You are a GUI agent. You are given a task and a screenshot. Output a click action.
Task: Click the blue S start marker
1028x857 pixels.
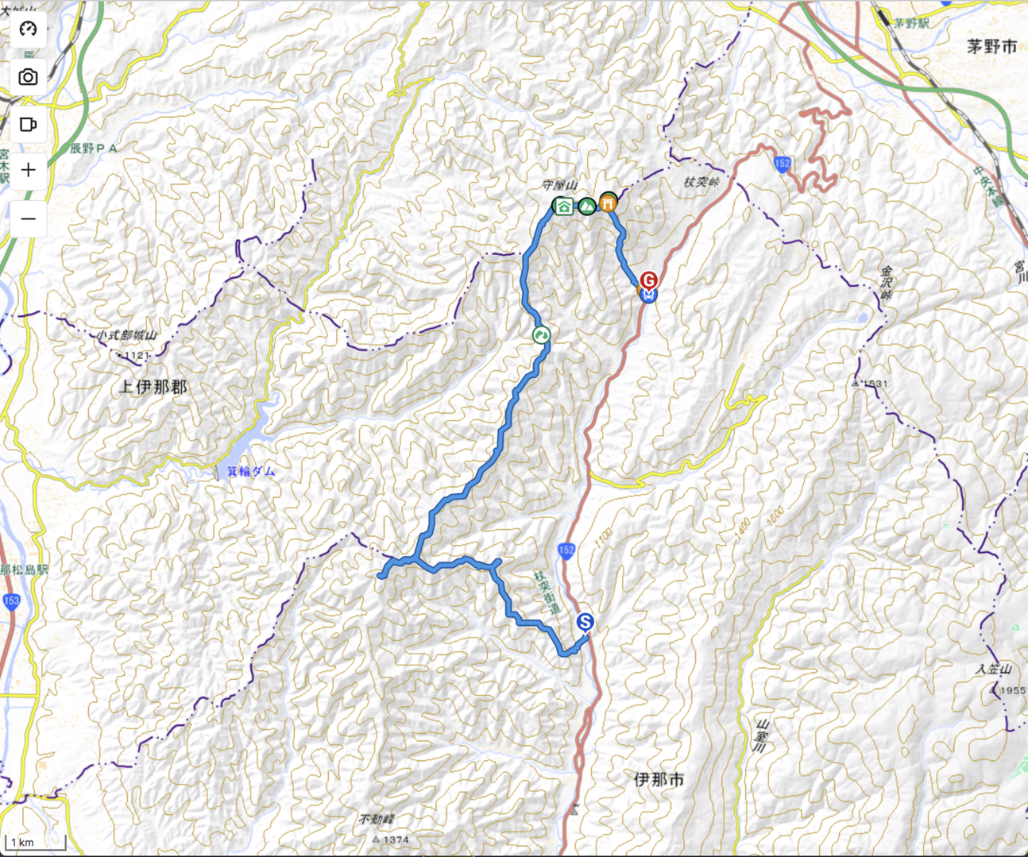[x=585, y=622]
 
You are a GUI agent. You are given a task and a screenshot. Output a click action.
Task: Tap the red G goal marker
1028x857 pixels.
[x=649, y=280]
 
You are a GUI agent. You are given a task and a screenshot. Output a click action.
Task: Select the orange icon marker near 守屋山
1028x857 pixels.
[x=609, y=203]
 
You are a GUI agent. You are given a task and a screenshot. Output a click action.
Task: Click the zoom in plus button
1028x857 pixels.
[x=29, y=170]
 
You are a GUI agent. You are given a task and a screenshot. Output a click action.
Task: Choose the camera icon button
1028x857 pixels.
[x=29, y=77]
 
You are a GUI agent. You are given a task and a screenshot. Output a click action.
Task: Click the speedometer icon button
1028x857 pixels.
[x=29, y=29]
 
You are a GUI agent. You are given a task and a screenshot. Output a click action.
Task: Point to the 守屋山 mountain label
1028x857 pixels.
[x=559, y=185]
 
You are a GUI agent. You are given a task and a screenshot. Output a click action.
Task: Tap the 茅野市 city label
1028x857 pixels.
[x=991, y=47]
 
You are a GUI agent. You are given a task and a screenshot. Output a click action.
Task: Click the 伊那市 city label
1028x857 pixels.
[x=659, y=779]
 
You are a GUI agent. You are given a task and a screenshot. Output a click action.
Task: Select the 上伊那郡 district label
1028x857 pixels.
[x=153, y=387]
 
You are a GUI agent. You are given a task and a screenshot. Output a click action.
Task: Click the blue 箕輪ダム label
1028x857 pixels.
[x=251, y=471]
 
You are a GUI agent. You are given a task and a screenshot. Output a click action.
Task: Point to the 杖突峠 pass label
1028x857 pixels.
[x=701, y=183]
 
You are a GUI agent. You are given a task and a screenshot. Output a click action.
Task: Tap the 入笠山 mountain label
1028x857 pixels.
[x=994, y=670]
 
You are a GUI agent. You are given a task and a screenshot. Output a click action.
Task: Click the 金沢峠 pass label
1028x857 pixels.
[x=887, y=282]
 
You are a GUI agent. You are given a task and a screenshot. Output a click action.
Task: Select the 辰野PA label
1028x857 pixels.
[x=94, y=149]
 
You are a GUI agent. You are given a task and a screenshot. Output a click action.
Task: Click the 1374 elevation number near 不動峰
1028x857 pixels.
[x=396, y=840]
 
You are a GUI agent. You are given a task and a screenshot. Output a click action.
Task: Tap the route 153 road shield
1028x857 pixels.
[x=11, y=601]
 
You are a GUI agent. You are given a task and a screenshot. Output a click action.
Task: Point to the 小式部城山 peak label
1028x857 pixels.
[x=127, y=336]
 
